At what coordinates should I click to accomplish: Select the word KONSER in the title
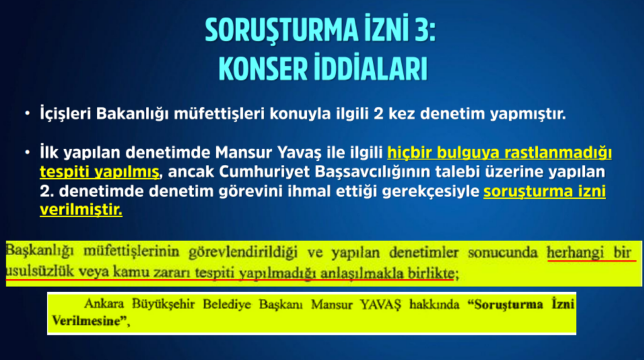[263, 68]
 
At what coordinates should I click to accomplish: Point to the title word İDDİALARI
[370, 68]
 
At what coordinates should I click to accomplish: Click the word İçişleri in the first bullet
[65, 113]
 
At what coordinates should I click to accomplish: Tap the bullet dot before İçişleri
[28, 113]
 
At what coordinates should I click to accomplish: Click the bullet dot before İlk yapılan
[28, 152]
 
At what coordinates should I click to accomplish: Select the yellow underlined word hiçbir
[409, 152]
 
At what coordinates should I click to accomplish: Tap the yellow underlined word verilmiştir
[81, 210]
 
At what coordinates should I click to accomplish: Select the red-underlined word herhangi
[575, 252]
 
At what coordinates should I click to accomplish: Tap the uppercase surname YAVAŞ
[380, 305]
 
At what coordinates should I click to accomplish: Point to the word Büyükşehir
[163, 305]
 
